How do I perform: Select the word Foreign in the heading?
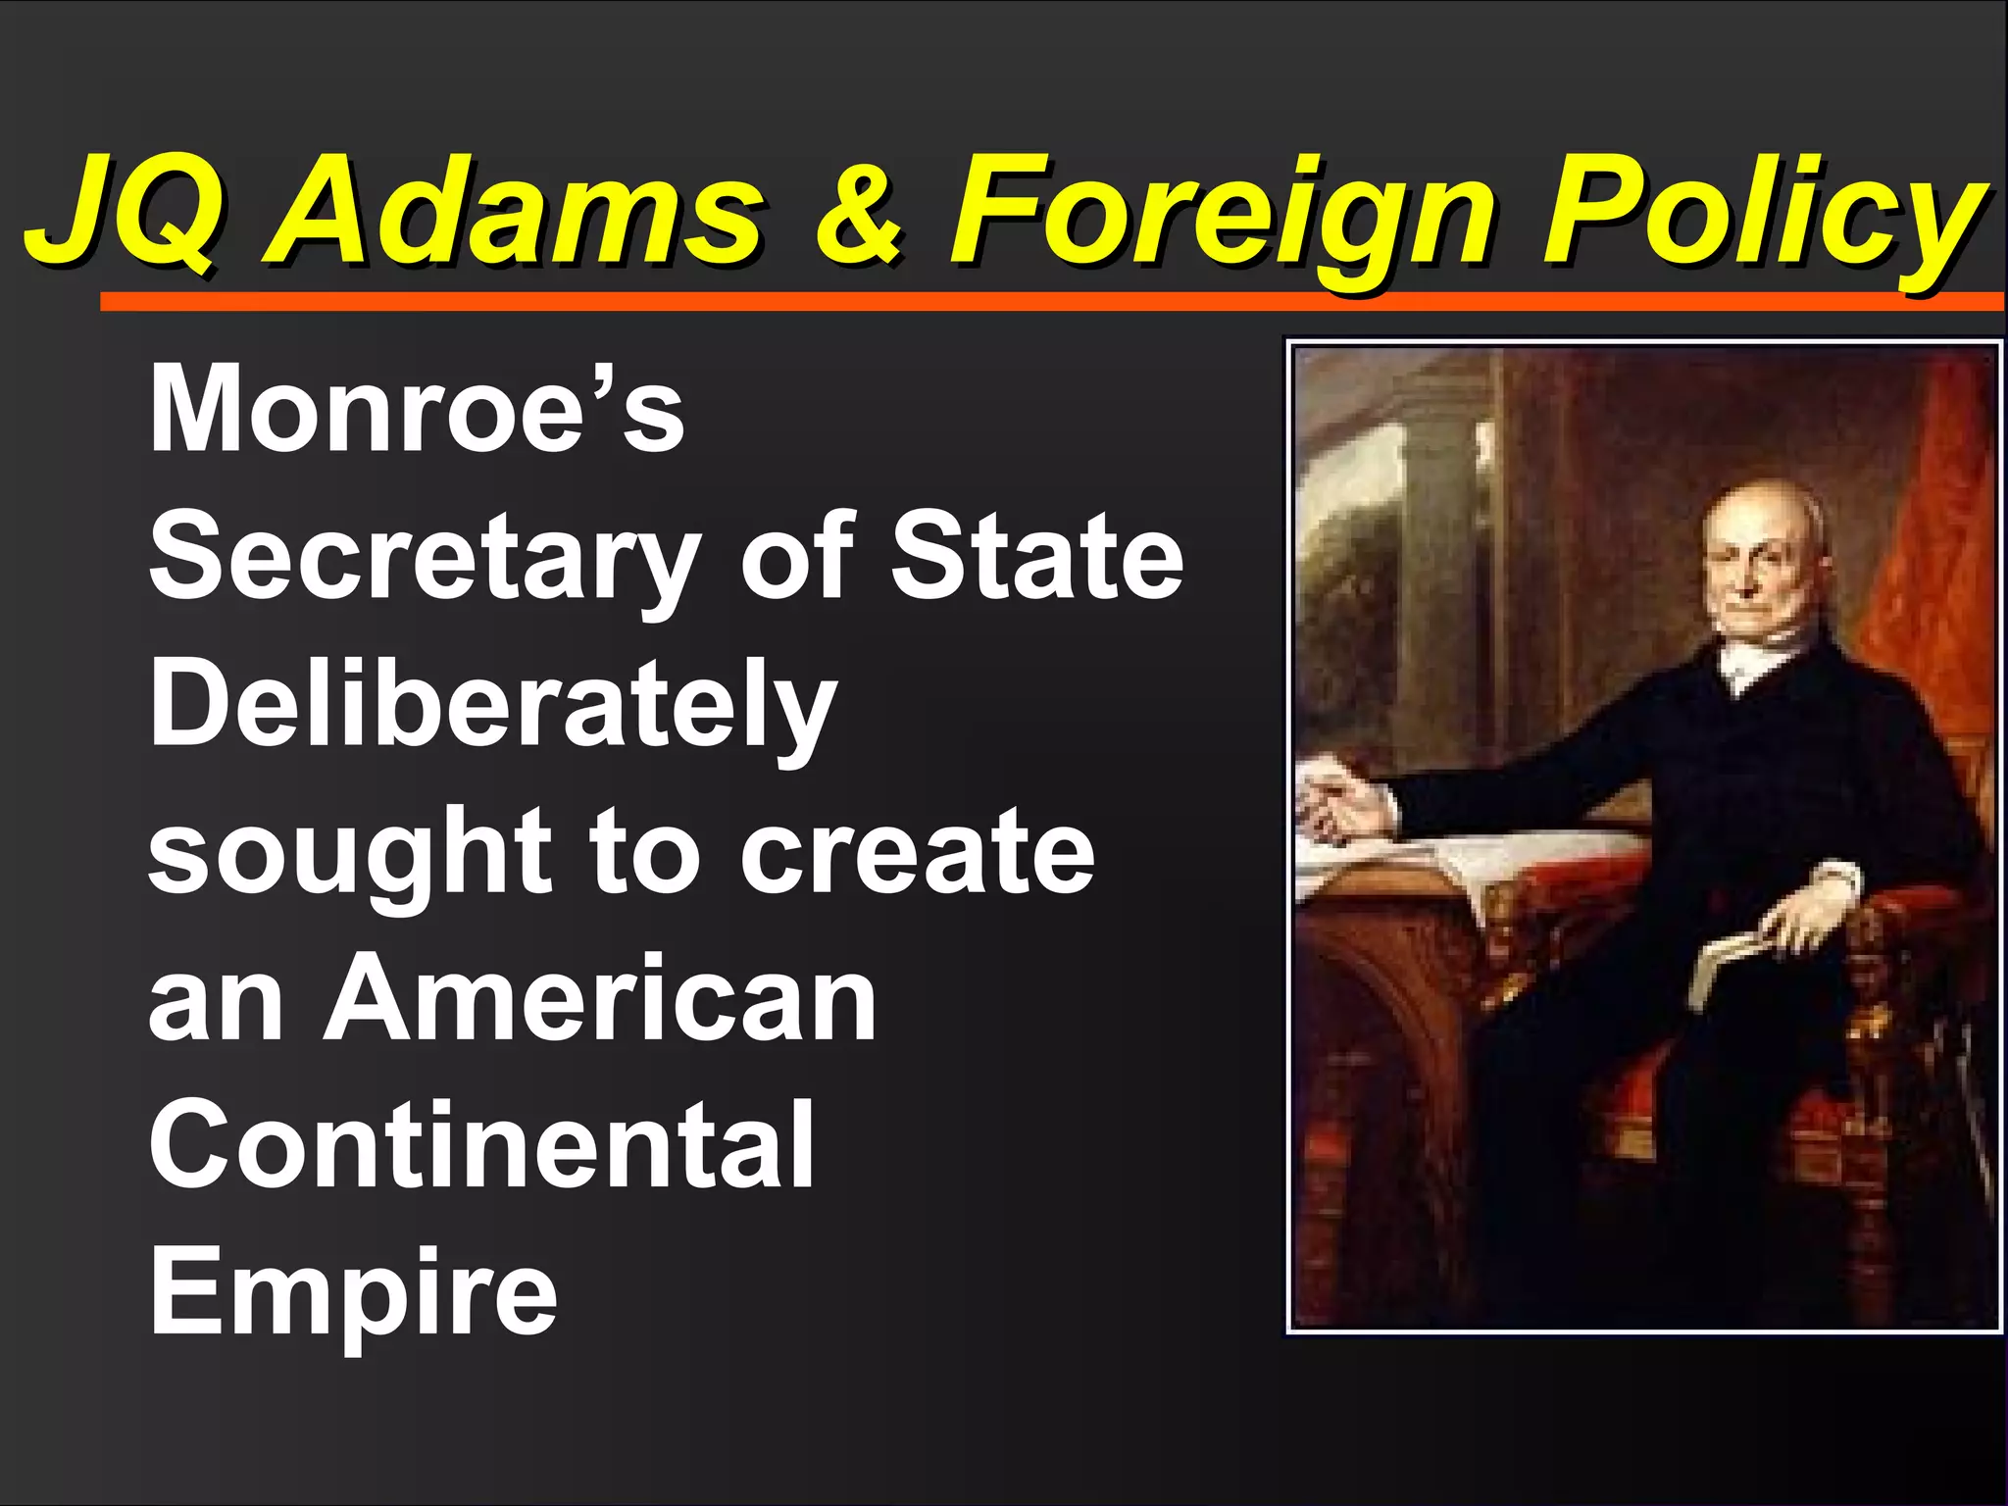1222,214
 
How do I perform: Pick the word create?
917,851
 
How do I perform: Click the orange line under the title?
1049,302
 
